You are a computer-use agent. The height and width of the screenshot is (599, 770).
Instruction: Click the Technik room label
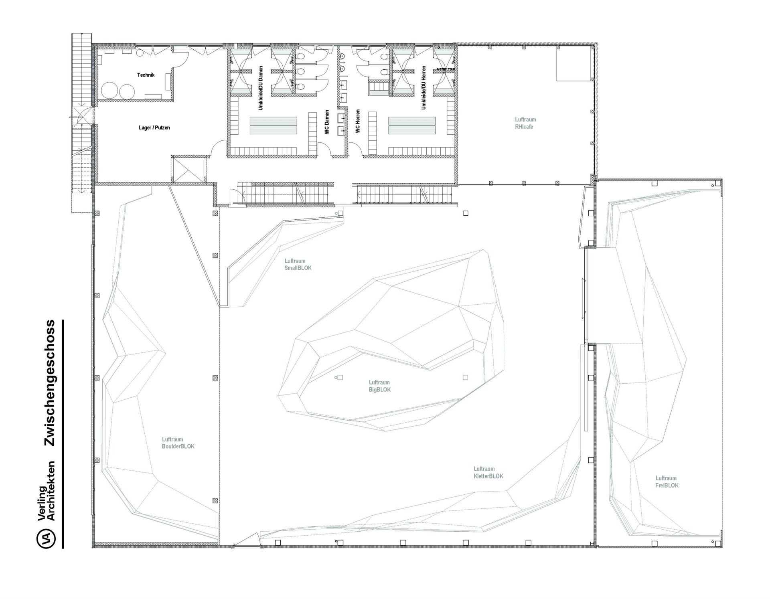146,75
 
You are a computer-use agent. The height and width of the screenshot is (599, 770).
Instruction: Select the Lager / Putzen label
154,128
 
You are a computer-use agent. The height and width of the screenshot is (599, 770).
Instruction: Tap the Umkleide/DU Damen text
261,88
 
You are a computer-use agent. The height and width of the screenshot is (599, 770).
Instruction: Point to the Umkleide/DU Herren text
423,88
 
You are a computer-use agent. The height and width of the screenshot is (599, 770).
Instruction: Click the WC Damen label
327,122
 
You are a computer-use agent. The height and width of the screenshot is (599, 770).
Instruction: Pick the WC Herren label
358,121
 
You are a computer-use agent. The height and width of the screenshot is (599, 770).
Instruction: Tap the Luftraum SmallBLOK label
298,264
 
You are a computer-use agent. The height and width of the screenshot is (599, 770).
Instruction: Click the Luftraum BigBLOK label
379,386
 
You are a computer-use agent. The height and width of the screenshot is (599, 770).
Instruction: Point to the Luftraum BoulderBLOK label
178,443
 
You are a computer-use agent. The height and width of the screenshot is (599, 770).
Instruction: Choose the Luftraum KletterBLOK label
488,473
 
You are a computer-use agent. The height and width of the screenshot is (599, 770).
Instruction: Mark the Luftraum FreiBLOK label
667,482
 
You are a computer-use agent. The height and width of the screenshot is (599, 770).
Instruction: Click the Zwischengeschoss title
50,383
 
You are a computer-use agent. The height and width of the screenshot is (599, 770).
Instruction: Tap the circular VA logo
46,538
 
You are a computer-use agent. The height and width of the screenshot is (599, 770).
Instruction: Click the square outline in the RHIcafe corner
574,63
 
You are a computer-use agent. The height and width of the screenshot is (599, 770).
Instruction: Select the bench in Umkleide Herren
412,125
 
